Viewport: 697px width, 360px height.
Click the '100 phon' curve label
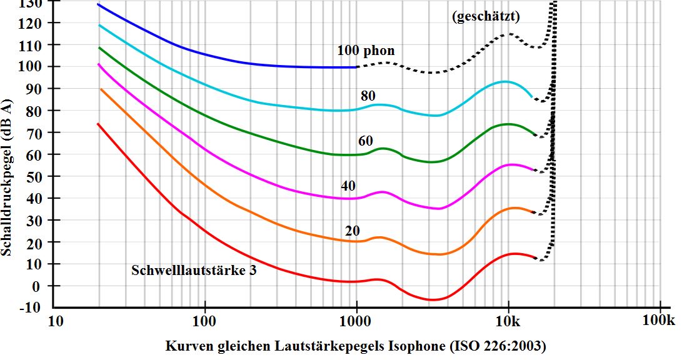point(366,51)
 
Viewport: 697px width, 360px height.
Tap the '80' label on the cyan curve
point(368,96)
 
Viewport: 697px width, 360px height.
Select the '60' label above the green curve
point(366,139)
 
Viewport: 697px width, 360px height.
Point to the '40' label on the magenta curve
point(348,185)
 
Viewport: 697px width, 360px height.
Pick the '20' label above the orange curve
point(353,231)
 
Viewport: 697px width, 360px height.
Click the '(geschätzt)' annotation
point(486,17)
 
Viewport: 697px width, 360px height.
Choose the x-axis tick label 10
point(55,322)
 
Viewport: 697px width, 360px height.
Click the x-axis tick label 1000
point(356,322)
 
